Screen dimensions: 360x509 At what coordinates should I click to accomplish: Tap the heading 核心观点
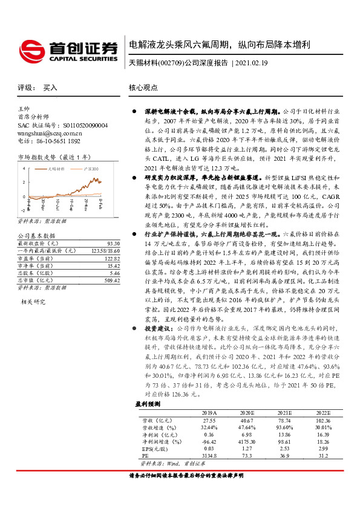143,88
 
